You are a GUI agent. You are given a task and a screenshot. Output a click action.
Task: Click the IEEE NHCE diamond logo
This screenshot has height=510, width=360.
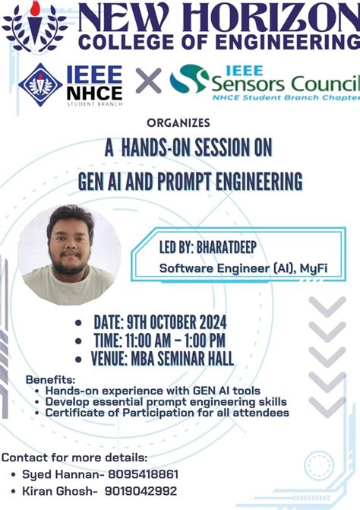(40, 84)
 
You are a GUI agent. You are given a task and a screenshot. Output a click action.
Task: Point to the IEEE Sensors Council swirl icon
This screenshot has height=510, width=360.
(187, 78)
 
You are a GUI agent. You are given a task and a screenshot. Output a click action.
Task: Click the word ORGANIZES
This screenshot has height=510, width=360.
(179, 122)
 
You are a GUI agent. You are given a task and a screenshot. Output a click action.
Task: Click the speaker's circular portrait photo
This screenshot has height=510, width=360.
(69, 255)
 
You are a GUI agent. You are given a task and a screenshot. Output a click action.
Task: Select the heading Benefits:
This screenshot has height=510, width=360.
(50, 379)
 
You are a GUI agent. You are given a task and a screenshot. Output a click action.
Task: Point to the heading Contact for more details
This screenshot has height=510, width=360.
(74, 457)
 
